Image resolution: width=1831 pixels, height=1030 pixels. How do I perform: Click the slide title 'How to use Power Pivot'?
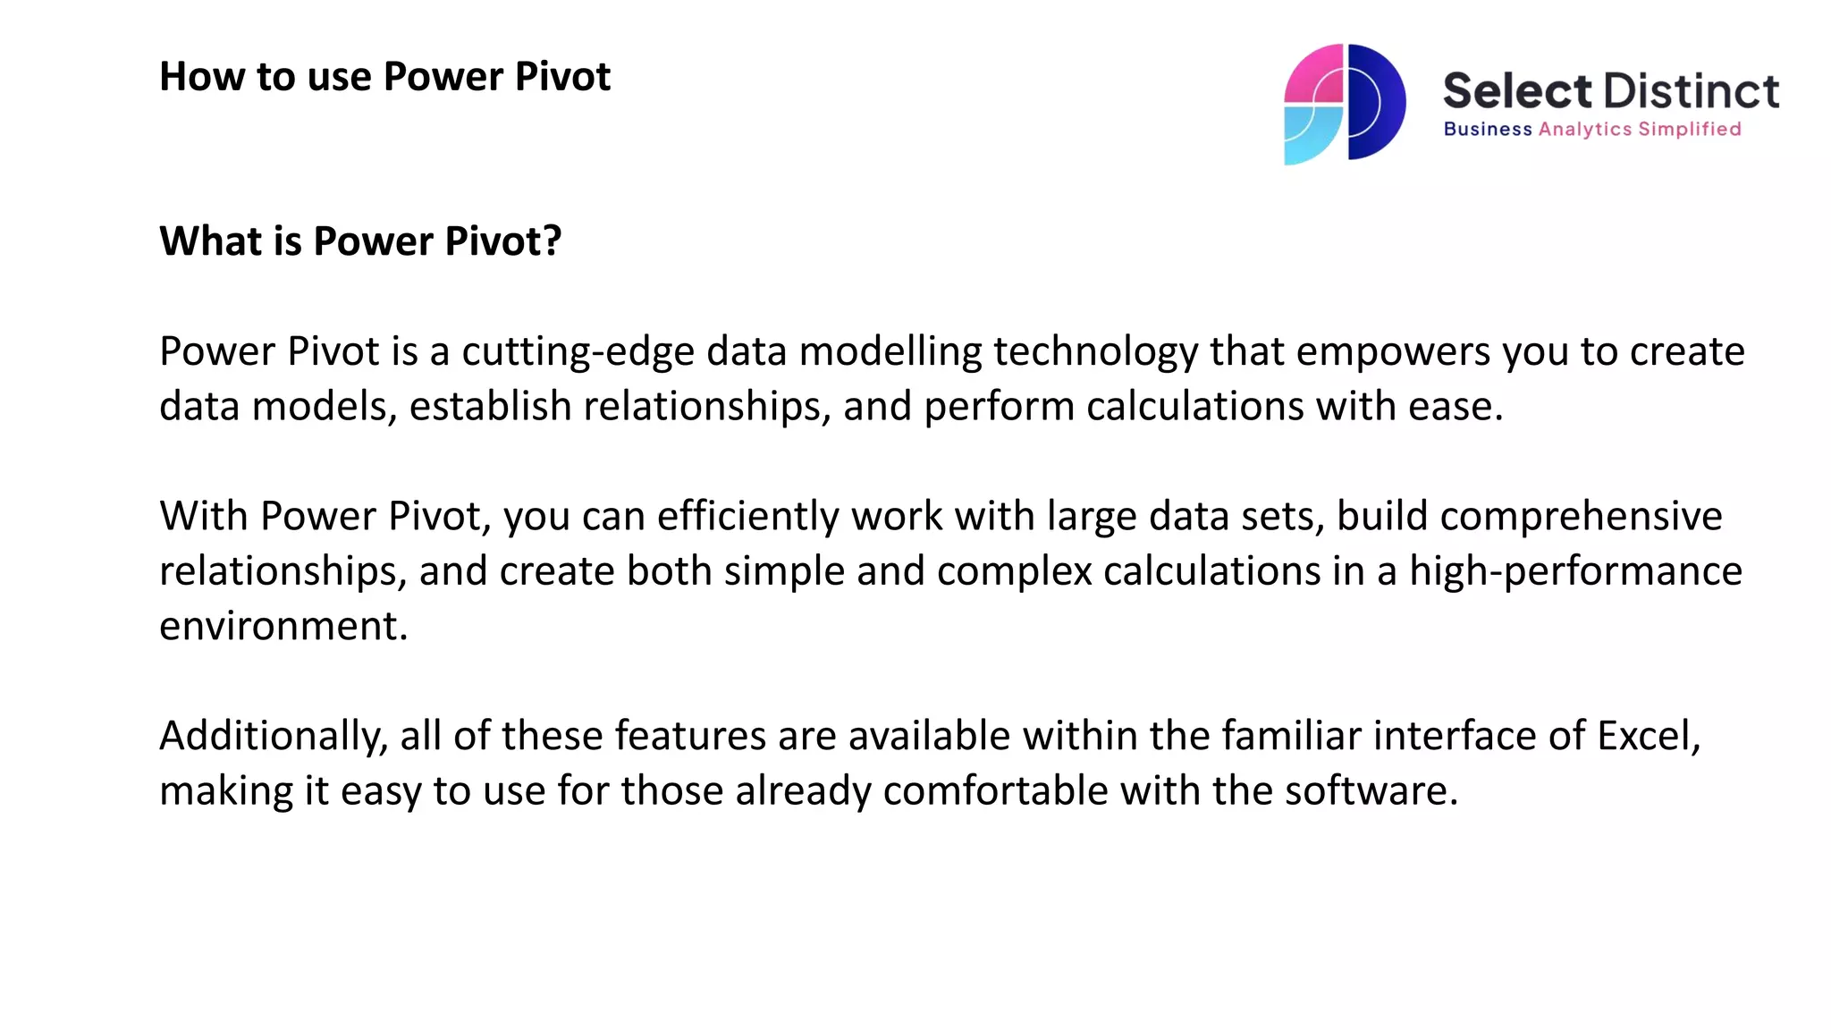pos(384,77)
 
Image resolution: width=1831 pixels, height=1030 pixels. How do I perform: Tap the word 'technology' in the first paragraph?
pos(1095,351)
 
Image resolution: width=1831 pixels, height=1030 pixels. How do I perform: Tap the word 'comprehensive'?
pos(1580,517)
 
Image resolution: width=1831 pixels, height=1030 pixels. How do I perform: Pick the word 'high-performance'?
pos(1575,571)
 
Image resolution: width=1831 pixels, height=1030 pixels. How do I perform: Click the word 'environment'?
pos(278,626)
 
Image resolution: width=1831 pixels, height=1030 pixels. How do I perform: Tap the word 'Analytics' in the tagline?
pos(1584,130)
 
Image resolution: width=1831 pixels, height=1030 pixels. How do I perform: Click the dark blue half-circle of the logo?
pos(1377,103)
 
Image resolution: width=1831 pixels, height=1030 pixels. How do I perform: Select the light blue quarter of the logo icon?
pos(1310,134)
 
